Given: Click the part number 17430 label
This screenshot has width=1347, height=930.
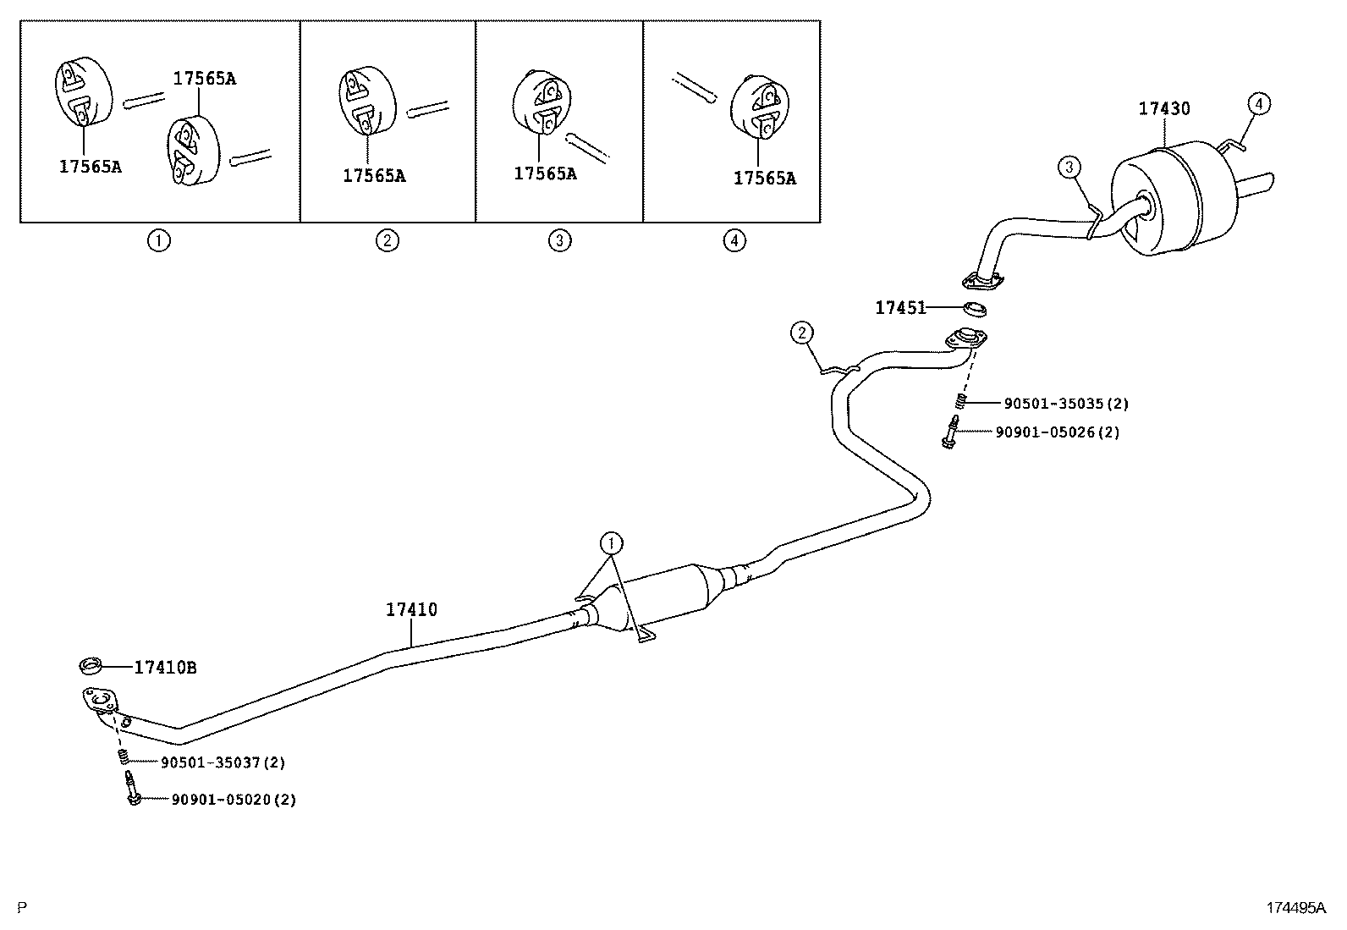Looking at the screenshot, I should (x=1163, y=108).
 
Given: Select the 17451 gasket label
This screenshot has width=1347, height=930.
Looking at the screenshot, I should (x=900, y=308).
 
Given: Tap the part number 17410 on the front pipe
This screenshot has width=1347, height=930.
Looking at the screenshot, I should (x=411, y=609).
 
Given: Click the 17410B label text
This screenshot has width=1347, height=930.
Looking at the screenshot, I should (x=165, y=668).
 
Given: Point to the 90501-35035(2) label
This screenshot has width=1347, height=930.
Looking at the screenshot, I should (x=1065, y=404).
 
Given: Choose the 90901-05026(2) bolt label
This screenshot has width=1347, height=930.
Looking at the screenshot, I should (x=1057, y=432).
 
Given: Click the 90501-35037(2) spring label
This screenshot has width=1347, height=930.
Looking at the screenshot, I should (x=223, y=762).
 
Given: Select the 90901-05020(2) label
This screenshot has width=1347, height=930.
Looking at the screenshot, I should (x=234, y=799).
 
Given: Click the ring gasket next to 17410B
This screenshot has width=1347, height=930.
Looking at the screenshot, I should (x=91, y=666).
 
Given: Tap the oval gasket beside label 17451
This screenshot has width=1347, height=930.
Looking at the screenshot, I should (x=976, y=307).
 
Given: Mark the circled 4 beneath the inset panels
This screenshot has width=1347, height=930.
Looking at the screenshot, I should (x=734, y=240).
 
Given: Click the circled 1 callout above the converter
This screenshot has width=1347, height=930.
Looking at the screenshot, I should (x=611, y=542).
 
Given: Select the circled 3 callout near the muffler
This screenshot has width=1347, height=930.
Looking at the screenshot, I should (x=1069, y=168).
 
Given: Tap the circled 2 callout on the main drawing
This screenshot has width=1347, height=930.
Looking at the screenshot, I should (x=801, y=333).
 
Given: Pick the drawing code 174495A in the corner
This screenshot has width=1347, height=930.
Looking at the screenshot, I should (x=1295, y=908).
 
